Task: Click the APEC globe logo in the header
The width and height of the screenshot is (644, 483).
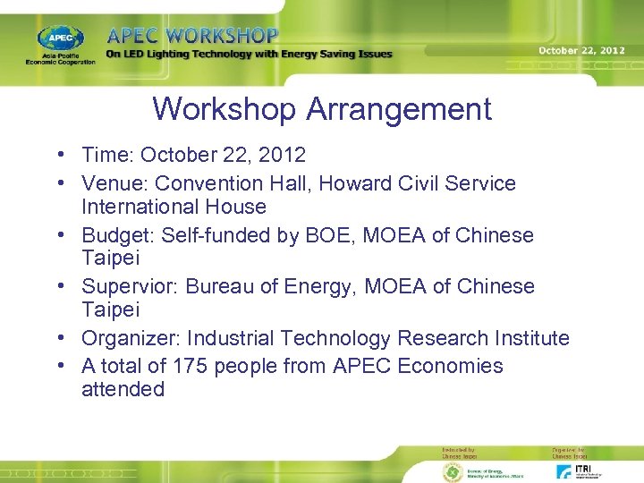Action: pos(60,39)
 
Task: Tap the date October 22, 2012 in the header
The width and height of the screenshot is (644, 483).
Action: pos(581,50)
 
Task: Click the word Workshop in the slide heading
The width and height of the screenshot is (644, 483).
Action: pos(225,109)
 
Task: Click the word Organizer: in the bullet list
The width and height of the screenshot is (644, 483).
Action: pos(131,338)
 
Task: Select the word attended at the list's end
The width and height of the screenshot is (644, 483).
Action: pos(123,389)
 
